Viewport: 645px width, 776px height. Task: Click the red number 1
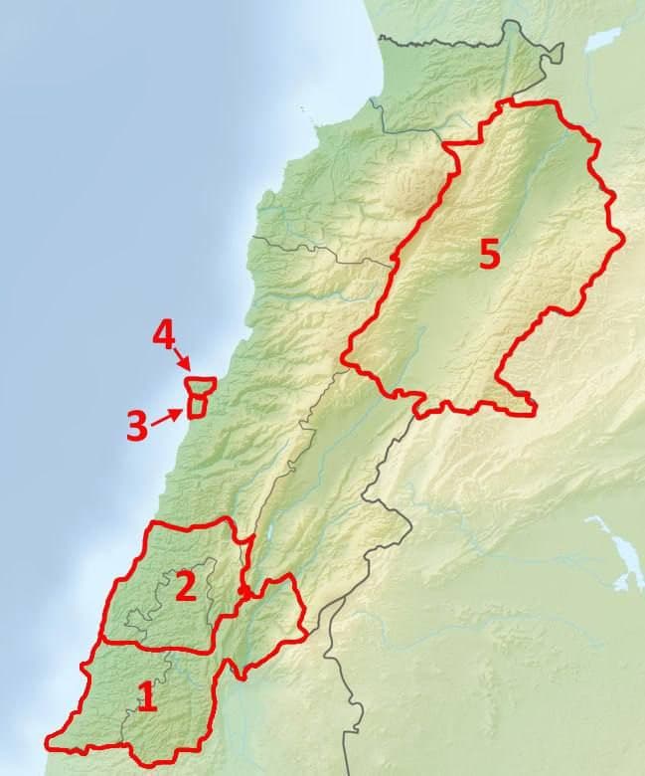point(147,697)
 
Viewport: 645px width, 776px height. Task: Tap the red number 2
point(185,587)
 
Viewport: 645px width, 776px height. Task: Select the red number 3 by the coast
point(137,426)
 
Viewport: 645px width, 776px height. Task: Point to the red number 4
point(164,335)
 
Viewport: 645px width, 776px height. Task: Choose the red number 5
point(489,254)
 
